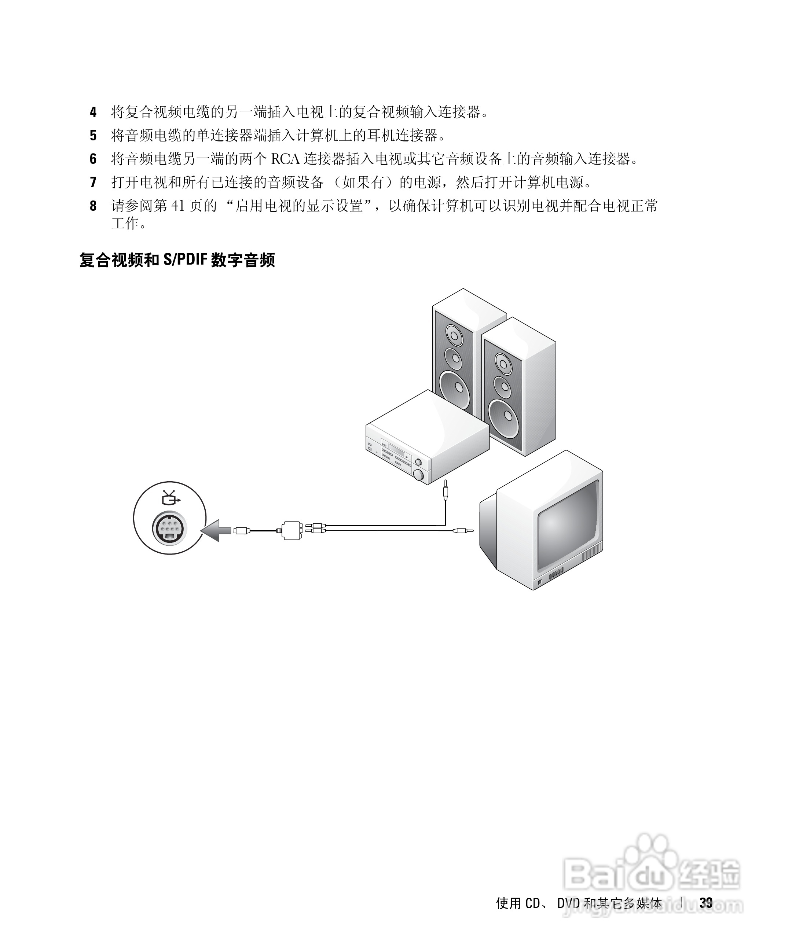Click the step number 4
point(93,112)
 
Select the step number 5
point(93,135)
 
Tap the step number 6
point(93,159)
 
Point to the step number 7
point(93,182)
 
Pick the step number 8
point(93,206)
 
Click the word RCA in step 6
point(285,159)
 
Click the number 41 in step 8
point(178,206)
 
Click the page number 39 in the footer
point(706,903)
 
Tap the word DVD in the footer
point(568,903)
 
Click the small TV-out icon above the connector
point(170,498)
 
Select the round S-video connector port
point(169,527)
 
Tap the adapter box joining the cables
point(292,529)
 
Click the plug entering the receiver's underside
point(446,491)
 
